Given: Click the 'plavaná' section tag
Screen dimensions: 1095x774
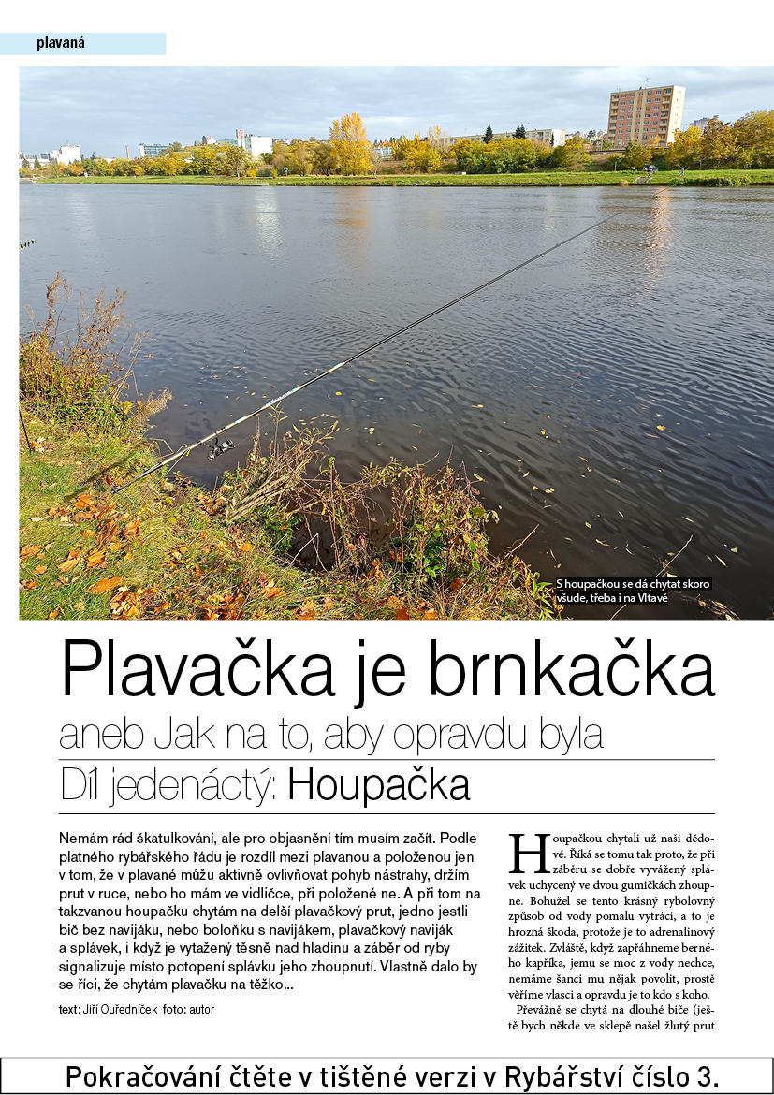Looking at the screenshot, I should click(61, 43).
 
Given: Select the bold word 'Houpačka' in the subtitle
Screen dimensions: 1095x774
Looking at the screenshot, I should click(378, 786).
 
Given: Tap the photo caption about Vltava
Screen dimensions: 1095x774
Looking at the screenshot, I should click(634, 591).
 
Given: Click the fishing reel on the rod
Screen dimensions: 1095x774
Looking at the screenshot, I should click(221, 447).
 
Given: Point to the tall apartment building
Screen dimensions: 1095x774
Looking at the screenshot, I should click(645, 115).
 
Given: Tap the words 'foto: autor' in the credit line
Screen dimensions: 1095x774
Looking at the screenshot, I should click(188, 1011).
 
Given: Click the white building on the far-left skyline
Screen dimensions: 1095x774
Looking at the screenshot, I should click(67, 153).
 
